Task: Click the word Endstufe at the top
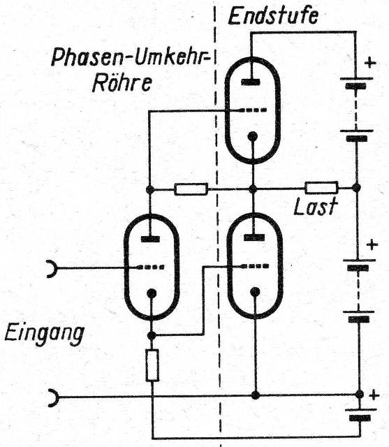pyautogui.click(x=273, y=16)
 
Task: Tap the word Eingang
pyautogui.click(x=45, y=335)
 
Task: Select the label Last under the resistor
pyautogui.click(x=316, y=206)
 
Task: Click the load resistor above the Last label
pyautogui.click(x=321, y=188)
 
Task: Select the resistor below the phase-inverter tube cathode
pyautogui.click(x=152, y=365)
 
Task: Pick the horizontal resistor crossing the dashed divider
pyautogui.click(x=191, y=189)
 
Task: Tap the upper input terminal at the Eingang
pyautogui.click(x=52, y=268)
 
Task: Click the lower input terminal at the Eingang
pyautogui.click(x=53, y=397)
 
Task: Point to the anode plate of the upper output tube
pyautogui.click(x=251, y=82)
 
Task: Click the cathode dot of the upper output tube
pyautogui.click(x=253, y=137)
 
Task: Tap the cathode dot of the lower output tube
pyautogui.click(x=255, y=292)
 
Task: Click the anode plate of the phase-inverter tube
pyautogui.click(x=150, y=239)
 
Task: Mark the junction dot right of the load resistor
pyautogui.click(x=356, y=188)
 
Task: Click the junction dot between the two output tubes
pyautogui.click(x=253, y=189)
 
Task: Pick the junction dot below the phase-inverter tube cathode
pyautogui.click(x=152, y=335)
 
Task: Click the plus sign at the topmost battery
pyautogui.click(x=370, y=62)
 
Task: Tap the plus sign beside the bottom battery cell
pyautogui.click(x=374, y=395)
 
